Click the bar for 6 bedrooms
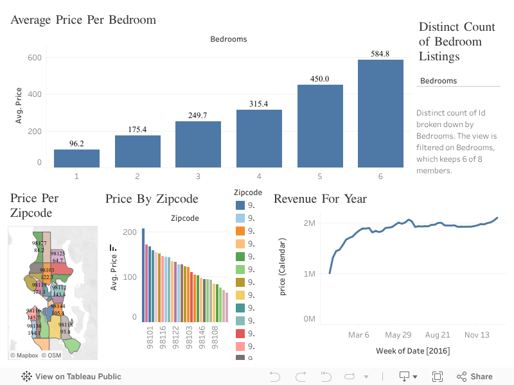(380, 114)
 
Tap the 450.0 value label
(319, 79)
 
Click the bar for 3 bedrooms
(198, 144)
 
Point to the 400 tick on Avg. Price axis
(34, 94)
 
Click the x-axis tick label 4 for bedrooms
(259, 175)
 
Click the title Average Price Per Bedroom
(83, 20)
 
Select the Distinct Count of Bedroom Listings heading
(457, 42)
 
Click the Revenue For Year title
(320, 199)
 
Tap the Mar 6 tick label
(359, 335)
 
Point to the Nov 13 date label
(477, 335)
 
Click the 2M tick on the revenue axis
(308, 223)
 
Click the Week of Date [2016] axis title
(412, 351)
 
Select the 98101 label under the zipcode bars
(149, 338)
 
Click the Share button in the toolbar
(475, 377)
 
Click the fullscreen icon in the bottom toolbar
(438, 377)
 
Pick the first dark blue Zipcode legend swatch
(240, 205)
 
